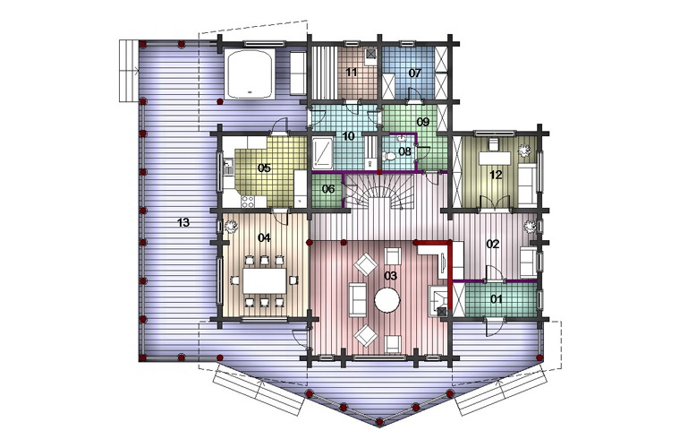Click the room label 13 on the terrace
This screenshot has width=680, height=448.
pos(183,223)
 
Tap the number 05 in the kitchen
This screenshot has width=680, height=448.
pos(264,168)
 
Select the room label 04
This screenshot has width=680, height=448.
pos(264,237)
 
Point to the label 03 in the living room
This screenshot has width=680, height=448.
pos(390,276)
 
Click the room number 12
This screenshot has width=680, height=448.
pos(496,175)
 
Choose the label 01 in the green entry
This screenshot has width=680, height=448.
pos(496,298)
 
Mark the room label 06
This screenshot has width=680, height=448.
pos(328,189)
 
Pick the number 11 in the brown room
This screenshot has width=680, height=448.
pos(352,72)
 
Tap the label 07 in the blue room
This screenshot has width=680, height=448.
pos(415,73)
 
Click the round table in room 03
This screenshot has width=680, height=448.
pos(387,300)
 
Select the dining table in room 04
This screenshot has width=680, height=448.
pos(265,280)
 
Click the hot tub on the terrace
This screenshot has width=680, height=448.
pos(250,73)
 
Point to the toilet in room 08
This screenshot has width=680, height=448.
pos(389,155)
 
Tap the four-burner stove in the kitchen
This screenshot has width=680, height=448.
pos(248,202)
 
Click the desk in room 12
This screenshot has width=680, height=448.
pos(495,158)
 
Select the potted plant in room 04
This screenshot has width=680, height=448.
pos(231,226)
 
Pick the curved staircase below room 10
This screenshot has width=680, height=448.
pos(382,192)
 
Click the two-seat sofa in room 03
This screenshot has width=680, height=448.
pos(358,299)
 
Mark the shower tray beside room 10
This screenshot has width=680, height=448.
pos(322,153)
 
